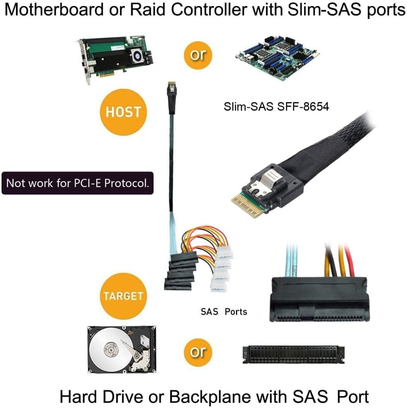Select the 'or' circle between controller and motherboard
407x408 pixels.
(x=198, y=55)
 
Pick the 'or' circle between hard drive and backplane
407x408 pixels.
(x=198, y=352)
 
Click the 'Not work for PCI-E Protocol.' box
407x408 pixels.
(x=77, y=183)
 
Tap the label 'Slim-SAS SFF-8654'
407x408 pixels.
(x=276, y=107)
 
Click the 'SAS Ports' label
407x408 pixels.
(x=224, y=311)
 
